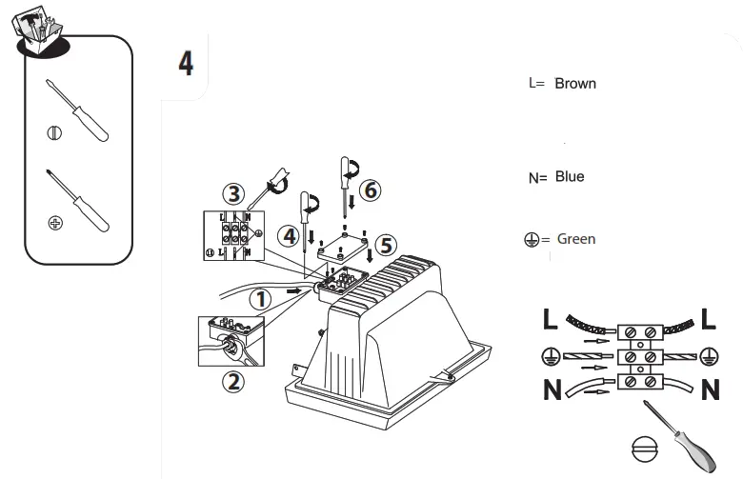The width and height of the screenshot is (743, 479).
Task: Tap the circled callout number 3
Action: click(233, 191)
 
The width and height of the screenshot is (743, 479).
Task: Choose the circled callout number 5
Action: click(384, 245)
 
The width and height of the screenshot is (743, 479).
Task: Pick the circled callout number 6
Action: click(369, 190)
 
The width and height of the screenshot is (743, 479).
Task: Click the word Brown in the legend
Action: click(575, 84)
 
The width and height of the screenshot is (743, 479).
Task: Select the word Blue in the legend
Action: click(570, 177)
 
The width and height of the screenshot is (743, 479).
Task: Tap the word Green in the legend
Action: click(576, 239)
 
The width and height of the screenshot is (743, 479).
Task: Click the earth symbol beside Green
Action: click(532, 240)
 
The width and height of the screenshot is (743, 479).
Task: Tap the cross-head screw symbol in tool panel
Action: click(55, 222)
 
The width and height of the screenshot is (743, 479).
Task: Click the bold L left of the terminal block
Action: click(551, 320)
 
